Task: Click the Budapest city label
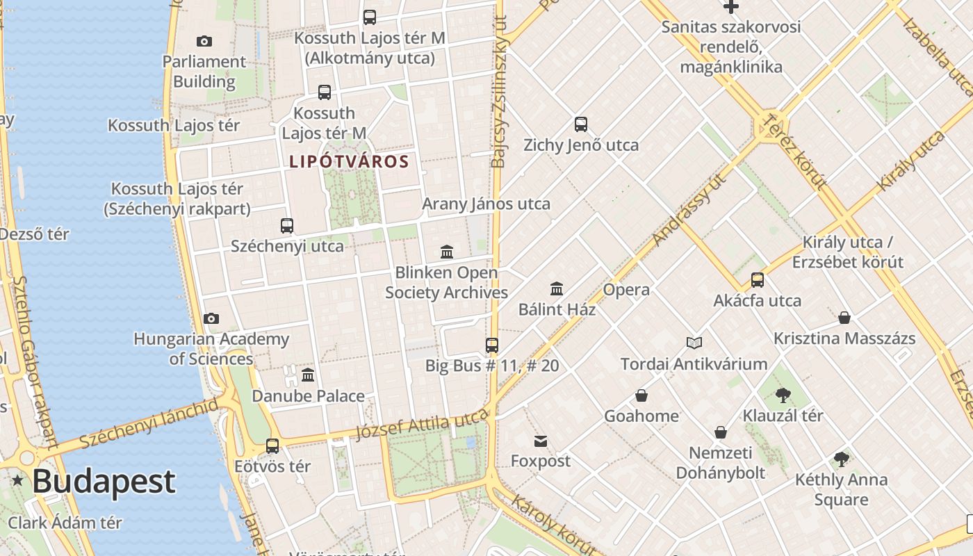click(x=104, y=481)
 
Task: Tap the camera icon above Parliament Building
click(x=204, y=41)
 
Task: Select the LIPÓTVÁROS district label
click(x=349, y=162)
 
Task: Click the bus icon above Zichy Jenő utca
click(x=581, y=124)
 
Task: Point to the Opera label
click(x=626, y=290)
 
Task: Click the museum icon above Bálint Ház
click(x=557, y=288)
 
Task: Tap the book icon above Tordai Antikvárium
click(x=694, y=343)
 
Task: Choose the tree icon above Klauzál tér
click(x=783, y=395)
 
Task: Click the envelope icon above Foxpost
click(x=541, y=441)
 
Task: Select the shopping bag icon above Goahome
click(x=641, y=395)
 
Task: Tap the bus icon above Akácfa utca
click(x=758, y=280)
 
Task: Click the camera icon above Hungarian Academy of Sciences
click(x=211, y=318)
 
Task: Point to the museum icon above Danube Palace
click(x=308, y=375)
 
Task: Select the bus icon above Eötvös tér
click(x=272, y=445)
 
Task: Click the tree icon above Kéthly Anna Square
click(x=842, y=459)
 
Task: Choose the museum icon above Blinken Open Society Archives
click(x=447, y=252)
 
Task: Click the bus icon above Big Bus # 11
click(x=492, y=345)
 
